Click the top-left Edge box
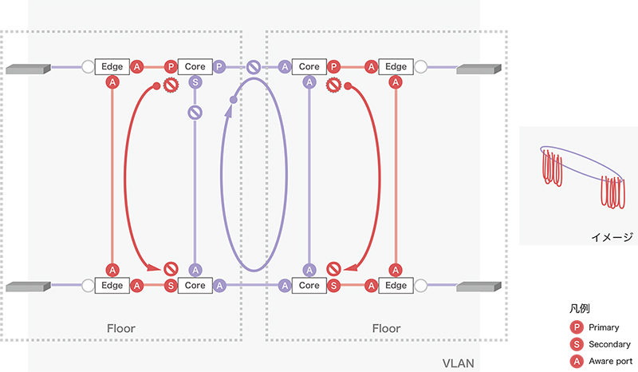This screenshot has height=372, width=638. click(112, 67)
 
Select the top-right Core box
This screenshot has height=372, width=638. click(309, 67)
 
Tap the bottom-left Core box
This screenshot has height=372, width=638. click(195, 284)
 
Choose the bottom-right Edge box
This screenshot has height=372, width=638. click(396, 284)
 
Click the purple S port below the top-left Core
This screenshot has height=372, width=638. click(195, 82)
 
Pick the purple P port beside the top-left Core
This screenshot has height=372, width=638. click(220, 67)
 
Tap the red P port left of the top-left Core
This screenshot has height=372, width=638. click(171, 67)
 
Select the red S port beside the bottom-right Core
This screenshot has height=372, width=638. click(334, 284)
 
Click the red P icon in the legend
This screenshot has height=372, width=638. click(577, 327)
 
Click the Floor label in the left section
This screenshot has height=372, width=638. click(121, 328)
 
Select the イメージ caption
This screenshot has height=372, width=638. click(612, 236)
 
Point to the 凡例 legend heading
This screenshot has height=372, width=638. click(581, 307)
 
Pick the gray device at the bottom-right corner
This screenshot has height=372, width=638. click(478, 286)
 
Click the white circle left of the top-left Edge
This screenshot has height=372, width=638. click(88, 67)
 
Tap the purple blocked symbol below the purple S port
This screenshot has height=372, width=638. click(195, 112)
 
